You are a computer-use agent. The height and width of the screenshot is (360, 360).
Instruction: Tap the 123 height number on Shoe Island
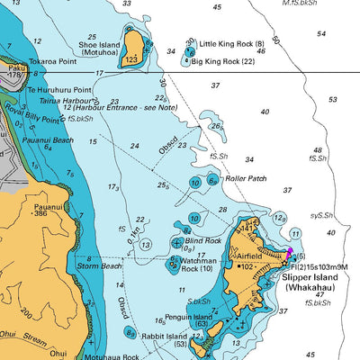pyautogui.click(x=131, y=59)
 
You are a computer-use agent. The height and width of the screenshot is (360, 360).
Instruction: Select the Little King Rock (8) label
pyautogui.click(x=231, y=43)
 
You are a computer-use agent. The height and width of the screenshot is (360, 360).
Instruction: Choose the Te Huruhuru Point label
pyautogui.click(x=59, y=90)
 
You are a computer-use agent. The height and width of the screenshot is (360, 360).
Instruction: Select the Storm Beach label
pyautogui.click(x=97, y=265)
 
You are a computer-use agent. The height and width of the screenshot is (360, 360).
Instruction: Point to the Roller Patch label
pyautogui.click(x=247, y=178)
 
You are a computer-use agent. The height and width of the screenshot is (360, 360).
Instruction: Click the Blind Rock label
pyautogui.click(x=202, y=240)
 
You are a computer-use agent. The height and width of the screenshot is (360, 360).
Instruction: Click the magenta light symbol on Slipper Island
pyautogui.click(x=290, y=253)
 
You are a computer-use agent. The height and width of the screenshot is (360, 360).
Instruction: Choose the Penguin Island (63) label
pyautogui.click(x=189, y=321)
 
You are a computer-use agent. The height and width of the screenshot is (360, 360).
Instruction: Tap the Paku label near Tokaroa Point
pyautogui.click(x=15, y=67)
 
